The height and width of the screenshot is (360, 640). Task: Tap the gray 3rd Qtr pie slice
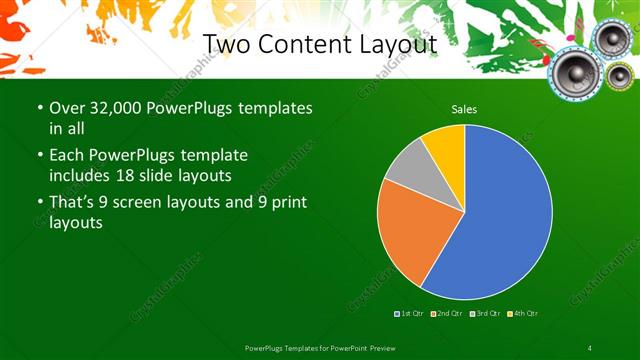(408, 169)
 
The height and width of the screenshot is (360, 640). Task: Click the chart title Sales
(464, 108)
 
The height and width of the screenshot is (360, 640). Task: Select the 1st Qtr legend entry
(410, 314)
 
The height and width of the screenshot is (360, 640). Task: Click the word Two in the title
(226, 44)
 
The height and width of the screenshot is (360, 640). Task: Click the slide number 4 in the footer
(590, 347)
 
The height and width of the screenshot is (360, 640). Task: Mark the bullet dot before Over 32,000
(38, 107)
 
